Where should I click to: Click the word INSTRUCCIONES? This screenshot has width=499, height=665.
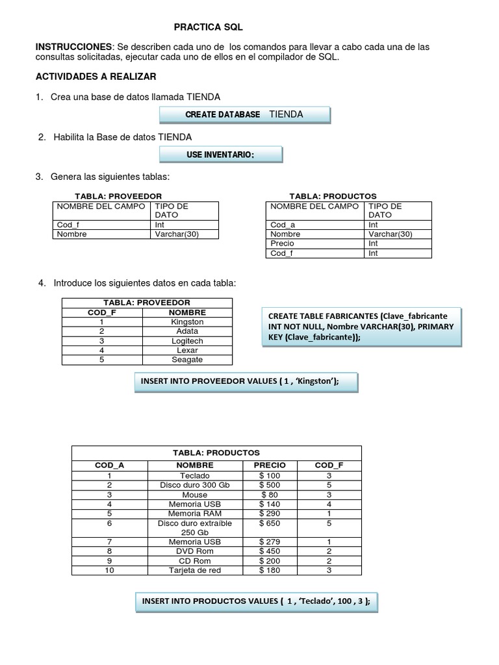[73, 47]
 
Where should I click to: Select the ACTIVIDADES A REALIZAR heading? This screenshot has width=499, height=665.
[96, 77]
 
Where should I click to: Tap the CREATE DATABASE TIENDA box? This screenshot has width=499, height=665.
[245, 115]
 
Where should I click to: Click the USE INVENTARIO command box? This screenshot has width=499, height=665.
[221, 154]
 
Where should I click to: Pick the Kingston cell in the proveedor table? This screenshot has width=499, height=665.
[187, 321]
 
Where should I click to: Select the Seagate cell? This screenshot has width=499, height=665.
[187, 360]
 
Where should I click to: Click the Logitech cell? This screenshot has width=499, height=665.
[187, 341]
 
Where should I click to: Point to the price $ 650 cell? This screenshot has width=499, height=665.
[269, 523]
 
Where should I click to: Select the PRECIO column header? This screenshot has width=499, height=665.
[269, 465]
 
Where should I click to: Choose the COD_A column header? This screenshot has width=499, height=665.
[109, 465]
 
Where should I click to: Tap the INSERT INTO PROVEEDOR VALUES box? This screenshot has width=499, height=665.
[245, 382]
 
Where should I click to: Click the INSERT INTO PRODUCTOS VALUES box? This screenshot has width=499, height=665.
[256, 601]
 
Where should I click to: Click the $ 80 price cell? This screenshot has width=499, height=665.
[269, 494]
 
